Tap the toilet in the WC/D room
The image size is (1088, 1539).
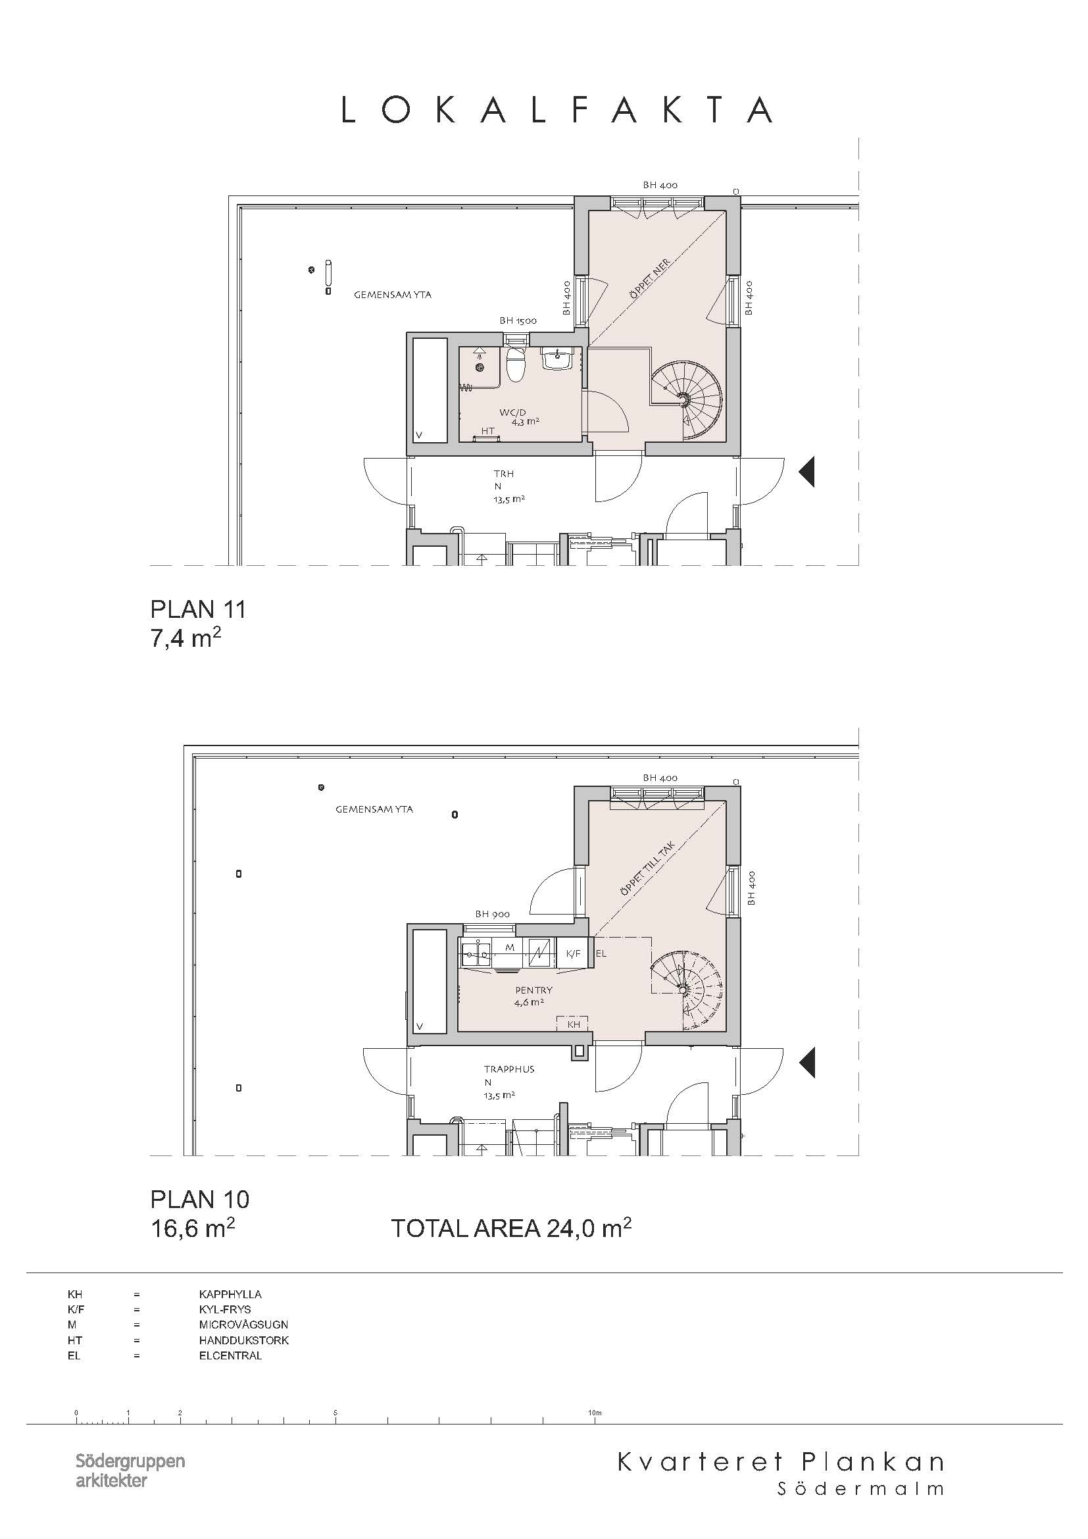[515, 365]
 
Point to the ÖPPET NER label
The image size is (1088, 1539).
[649, 279]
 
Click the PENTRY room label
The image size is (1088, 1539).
[534, 990]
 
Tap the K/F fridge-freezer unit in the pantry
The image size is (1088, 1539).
[573, 953]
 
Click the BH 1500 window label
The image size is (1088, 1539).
[518, 320]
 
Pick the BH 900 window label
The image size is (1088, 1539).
[493, 914]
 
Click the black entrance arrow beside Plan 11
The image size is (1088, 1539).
[806, 471]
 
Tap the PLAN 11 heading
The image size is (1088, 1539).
[198, 609]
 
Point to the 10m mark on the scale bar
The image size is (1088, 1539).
[595, 1412]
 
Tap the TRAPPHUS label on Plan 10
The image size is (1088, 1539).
[509, 1069]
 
